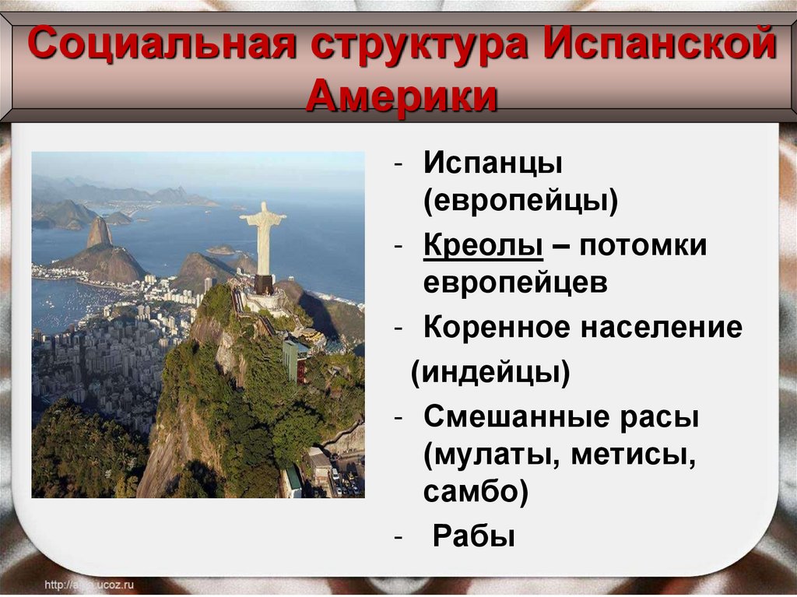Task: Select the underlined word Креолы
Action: pyautogui.click(x=483, y=247)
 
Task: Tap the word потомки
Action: pyautogui.click(x=641, y=247)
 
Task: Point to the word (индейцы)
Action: pyautogui.click(x=490, y=374)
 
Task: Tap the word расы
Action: pyautogui.click(x=660, y=418)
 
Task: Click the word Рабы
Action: pyautogui.click(x=473, y=536)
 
